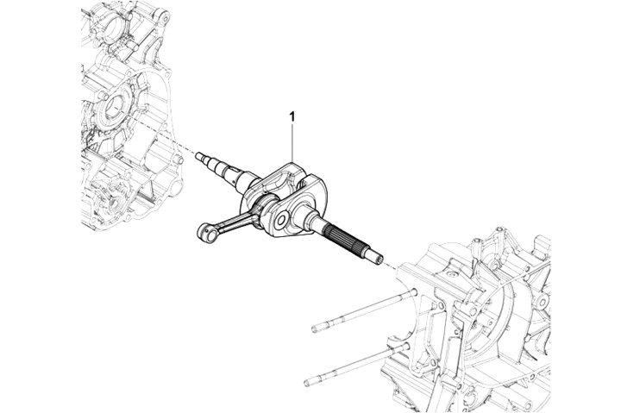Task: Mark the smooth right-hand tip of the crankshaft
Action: click(376, 255)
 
